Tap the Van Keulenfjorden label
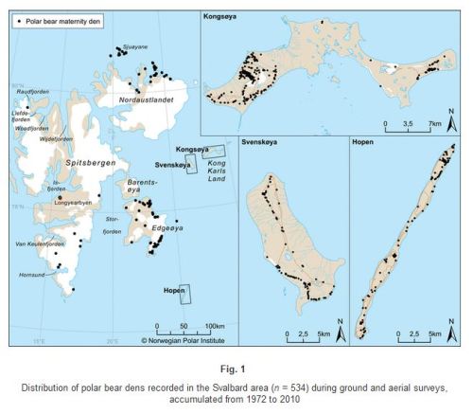click(48, 244)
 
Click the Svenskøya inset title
click(263, 142)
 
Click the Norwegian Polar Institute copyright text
click(190, 338)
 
